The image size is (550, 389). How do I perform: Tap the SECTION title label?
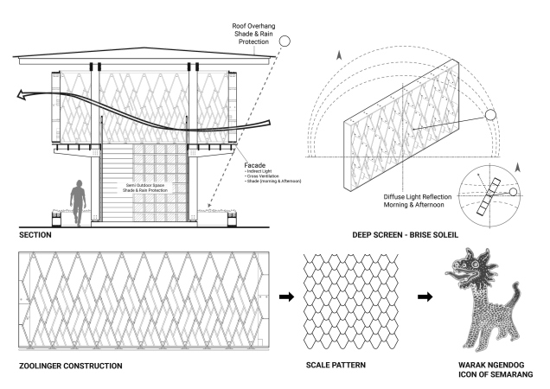coord(35,235)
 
